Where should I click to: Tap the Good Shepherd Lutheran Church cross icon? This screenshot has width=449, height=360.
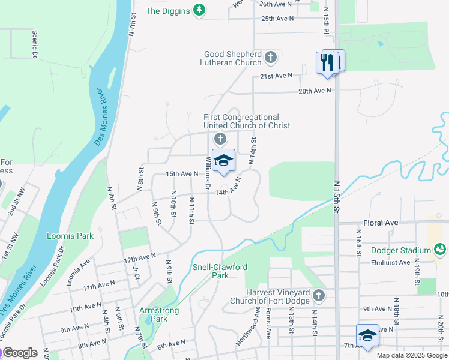tap(271, 58)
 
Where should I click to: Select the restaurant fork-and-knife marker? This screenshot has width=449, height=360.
tap(327, 62)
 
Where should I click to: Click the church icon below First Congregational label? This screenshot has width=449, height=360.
tap(220, 140)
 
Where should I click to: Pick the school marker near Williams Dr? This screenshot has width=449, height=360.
tap(223, 161)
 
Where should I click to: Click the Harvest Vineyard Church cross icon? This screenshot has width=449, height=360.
tap(319, 295)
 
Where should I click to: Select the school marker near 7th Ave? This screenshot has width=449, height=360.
tap(367, 336)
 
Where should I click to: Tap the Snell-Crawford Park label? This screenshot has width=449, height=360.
tap(220, 271)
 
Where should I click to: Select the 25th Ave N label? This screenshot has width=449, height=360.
tap(277, 19)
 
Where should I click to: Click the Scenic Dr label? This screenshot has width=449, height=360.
tap(35, 44)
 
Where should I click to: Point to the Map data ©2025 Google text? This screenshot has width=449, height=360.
tap(412, 355)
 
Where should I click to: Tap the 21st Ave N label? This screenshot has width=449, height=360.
tap(276, 76)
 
